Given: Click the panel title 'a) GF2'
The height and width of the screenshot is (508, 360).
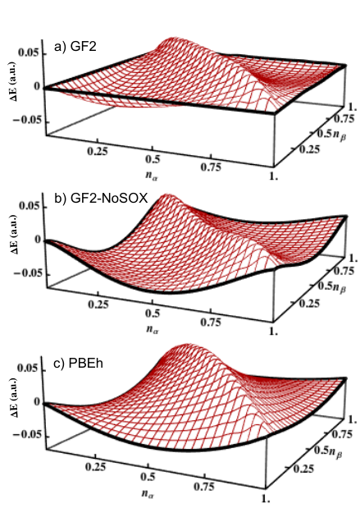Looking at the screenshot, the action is [75, 48].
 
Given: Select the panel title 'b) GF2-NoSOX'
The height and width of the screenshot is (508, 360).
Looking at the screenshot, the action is [101, 198].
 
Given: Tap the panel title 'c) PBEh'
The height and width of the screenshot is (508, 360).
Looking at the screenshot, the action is [78, 364].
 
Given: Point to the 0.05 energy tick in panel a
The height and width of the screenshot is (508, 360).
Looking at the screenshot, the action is [30, 53].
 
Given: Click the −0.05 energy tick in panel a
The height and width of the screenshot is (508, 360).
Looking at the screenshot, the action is [27, 121].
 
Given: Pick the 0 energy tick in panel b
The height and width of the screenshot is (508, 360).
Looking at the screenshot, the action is [37, 240].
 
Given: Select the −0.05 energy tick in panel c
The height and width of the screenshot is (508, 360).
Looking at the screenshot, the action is [27, 434].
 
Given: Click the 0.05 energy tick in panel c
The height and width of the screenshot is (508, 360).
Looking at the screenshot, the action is [30, 368].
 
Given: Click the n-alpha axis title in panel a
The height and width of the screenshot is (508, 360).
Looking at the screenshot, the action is [151, 176].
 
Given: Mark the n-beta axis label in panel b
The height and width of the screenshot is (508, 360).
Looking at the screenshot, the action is [339, 286].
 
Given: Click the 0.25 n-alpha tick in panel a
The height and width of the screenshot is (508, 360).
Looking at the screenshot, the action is [97, 151].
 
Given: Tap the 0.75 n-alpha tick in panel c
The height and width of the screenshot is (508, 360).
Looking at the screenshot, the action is [205, 487].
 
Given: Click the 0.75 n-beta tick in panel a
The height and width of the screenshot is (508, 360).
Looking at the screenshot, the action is [344, 119].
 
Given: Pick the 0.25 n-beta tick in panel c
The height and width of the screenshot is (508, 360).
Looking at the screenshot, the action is [303, 469].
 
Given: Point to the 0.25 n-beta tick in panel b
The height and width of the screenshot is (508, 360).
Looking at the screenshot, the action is [309, 304].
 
